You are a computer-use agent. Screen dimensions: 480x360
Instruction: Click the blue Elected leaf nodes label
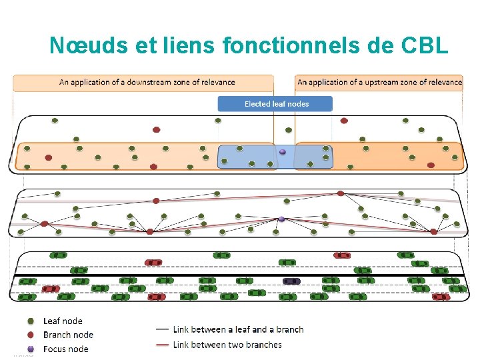pos(276,103)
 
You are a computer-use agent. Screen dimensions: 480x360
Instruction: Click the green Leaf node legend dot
pos(31,321)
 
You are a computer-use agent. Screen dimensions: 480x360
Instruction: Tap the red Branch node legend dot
pos(31,335)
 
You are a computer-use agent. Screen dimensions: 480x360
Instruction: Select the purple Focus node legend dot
pos(31,349)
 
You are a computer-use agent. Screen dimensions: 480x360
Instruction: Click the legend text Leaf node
pos(63,321)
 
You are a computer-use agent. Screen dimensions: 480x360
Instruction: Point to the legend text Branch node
pos(68,335)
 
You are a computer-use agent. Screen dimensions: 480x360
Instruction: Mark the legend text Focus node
pos(65,349)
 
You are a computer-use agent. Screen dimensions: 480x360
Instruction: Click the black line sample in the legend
pos(162,329)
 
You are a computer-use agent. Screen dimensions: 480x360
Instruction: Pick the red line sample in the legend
pos(162,345)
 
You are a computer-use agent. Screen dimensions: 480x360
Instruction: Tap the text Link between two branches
pos(227,345)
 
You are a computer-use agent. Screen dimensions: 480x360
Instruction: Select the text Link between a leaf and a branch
pos(238,329)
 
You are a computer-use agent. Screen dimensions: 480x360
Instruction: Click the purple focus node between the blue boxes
pos(283,152)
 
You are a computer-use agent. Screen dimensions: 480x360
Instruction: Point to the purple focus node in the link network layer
pos(281,219)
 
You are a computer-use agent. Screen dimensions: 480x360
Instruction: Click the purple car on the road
pos(291,281)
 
